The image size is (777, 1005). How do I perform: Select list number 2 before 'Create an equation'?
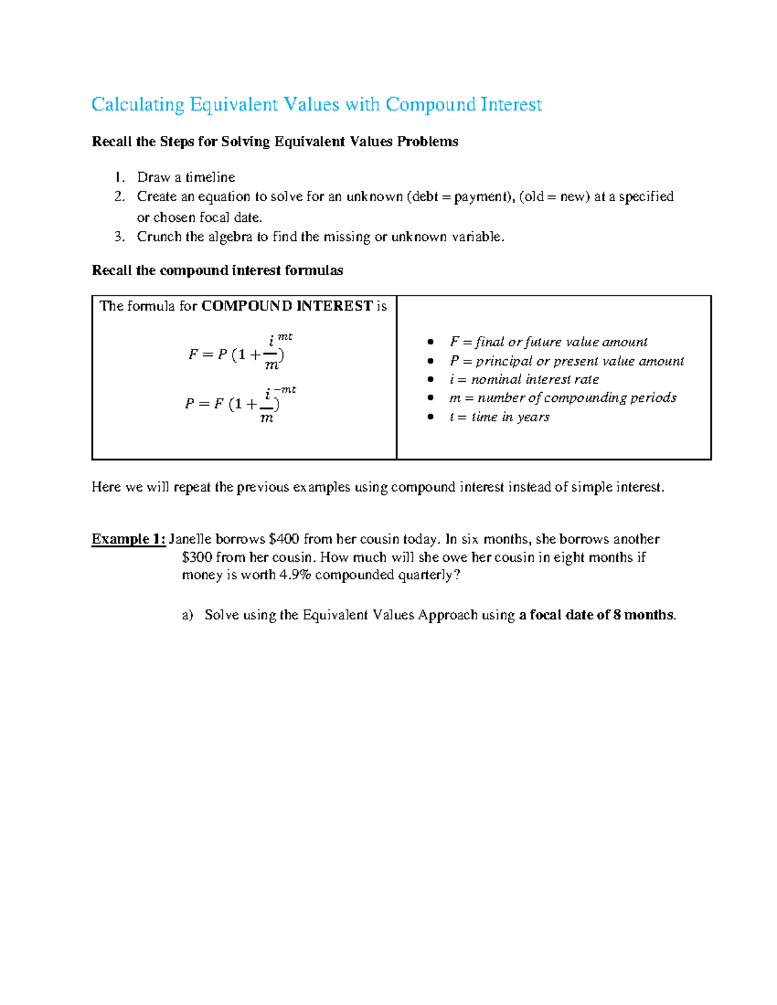pyautogui.click(x=119, y=197)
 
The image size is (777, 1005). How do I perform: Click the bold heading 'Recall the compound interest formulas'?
pyautogui.click(x=218, y=271)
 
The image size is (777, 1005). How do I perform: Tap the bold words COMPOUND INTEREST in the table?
pyautogui.click(x=287, y=306)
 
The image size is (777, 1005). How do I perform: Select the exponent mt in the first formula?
pyautogui.click(x=285, y=337)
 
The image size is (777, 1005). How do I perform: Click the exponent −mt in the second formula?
pyautogui.click(x=285, y=390)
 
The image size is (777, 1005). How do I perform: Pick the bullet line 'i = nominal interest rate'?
pyautogui.click(x=524, y=379)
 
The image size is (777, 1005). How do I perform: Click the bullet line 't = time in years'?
pyautogui.click(x=499, y=417)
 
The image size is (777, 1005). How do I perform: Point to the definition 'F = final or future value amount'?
pyautogui.click(x=548, y=342)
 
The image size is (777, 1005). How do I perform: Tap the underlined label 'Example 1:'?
pyautogui.click(x=128, y=539)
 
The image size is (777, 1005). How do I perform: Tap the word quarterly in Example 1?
pyautogui.click(x=425, y=575)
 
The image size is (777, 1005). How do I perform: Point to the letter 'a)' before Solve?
pyautogui.click(x=188, y=615)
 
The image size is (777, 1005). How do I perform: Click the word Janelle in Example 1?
pyautogui.click(x=190, y=539)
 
